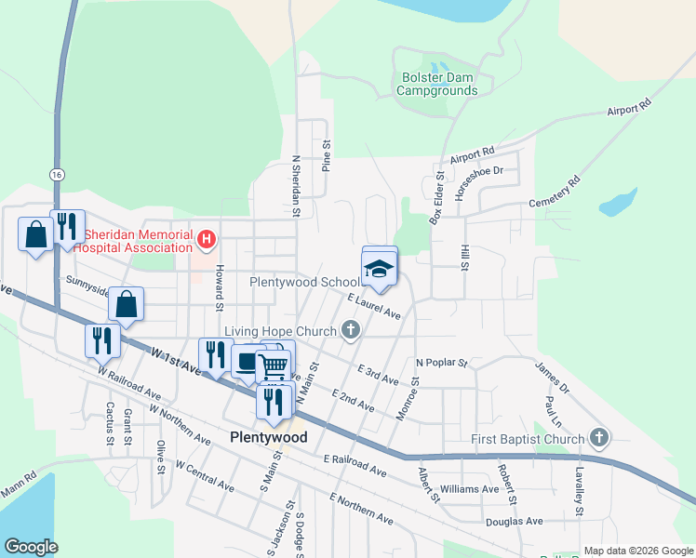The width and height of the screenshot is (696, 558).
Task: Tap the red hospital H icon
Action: pos(207,241)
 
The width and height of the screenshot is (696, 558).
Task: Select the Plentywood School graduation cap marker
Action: pos(379,270)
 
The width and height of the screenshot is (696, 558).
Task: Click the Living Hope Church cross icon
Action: pos(351,331)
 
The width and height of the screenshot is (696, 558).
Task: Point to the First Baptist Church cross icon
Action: pos(600,438)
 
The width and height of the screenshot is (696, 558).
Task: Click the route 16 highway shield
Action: pos(58,174)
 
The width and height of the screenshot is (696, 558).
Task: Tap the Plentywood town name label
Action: pos(268,437)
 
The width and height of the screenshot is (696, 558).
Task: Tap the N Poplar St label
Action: pos(441,362)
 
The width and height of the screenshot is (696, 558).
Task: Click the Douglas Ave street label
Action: pos(514,522)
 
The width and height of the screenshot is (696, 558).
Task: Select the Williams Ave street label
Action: pos(470,489)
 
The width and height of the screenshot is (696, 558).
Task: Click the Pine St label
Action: pos(327,154)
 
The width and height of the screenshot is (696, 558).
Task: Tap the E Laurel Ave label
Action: pos(374,307)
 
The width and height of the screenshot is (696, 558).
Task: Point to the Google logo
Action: pos(31,547)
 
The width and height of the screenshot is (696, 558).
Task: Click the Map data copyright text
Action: pos(637,551)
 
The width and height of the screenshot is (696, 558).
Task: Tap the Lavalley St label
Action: pos(579,492)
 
